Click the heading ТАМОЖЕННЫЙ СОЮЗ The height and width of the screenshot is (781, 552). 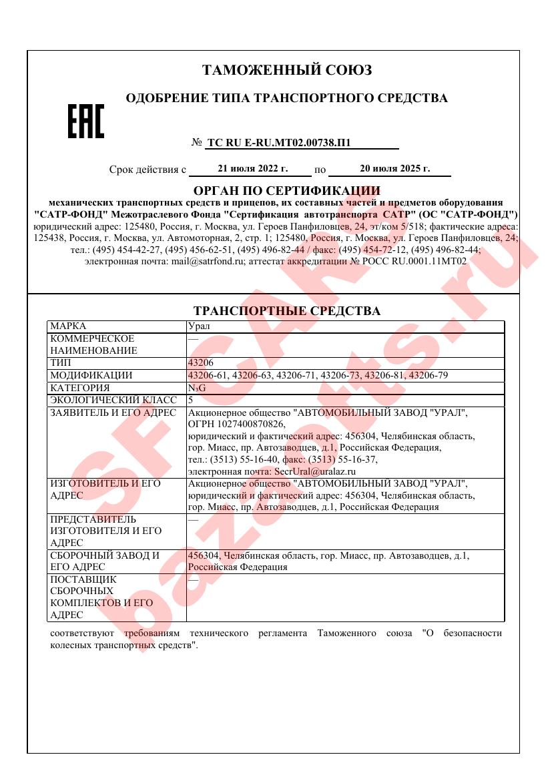point(287,70)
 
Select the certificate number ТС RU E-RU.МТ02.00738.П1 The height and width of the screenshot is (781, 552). point(279,142)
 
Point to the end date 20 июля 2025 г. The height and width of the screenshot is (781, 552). point(394,169)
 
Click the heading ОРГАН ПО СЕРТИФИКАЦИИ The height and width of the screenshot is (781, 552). point(286,191)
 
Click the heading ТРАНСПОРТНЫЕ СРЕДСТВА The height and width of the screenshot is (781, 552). point(286,311)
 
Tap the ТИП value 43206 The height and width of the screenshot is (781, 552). point(201,363)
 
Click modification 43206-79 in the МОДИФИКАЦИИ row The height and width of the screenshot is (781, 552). point(427,375)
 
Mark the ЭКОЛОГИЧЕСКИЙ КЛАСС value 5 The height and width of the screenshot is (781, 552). point(191,400)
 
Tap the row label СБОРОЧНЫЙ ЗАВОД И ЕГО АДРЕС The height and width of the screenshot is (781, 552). point(105,561)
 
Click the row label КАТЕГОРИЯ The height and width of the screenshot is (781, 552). point(80,388)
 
